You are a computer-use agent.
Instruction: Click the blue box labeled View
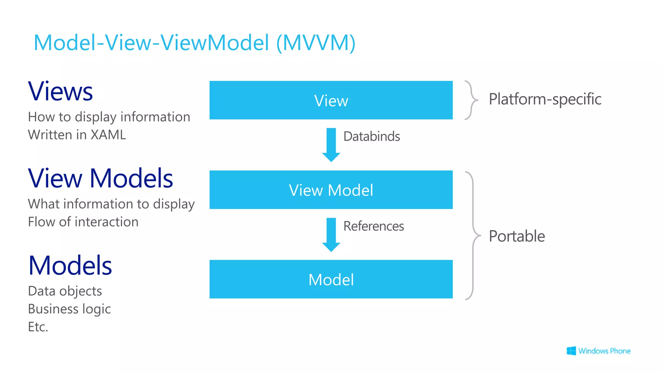tap(331, 100)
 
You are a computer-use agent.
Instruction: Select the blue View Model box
tap(331, 190)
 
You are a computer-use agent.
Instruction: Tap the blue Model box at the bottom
tap(331, 279)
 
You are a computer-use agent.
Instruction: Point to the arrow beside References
tap(331, 234)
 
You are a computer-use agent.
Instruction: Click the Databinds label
tap(372, 136)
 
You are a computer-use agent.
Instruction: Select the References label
tap(374, 226)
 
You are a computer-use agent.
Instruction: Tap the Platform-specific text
tap(545, 99)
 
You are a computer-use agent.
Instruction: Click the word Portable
tap(517, 236)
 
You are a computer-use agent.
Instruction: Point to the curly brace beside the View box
tap(471, 100)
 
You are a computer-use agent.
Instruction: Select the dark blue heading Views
tap(61, 91)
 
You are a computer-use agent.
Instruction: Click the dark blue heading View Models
tap(100, 178)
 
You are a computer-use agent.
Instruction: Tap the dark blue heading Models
tap(70, 266)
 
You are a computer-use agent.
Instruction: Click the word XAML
tap(108, 135)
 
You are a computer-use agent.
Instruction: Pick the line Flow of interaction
tap(83, 222)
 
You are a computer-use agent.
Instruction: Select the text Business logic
tap(69, 309)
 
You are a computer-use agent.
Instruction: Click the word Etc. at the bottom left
tap(38, 327)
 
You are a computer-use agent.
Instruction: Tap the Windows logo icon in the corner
tap(571, 351)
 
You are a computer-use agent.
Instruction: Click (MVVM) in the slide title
tap(316, 43)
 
